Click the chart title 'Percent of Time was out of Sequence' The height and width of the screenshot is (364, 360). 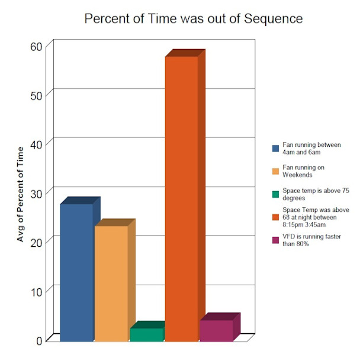click(193, 18)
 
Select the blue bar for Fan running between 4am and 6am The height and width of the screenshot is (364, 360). click(76, 272)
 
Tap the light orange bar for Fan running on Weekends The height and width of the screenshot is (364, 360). click(111, 284)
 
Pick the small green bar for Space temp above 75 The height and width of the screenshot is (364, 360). click(146, 334)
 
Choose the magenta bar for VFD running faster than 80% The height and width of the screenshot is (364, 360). click(216, 330)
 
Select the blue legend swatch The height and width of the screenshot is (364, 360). click(275, 148)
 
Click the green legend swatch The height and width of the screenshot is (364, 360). click(275, 194)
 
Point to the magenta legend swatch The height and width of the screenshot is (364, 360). click(275, 240)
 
